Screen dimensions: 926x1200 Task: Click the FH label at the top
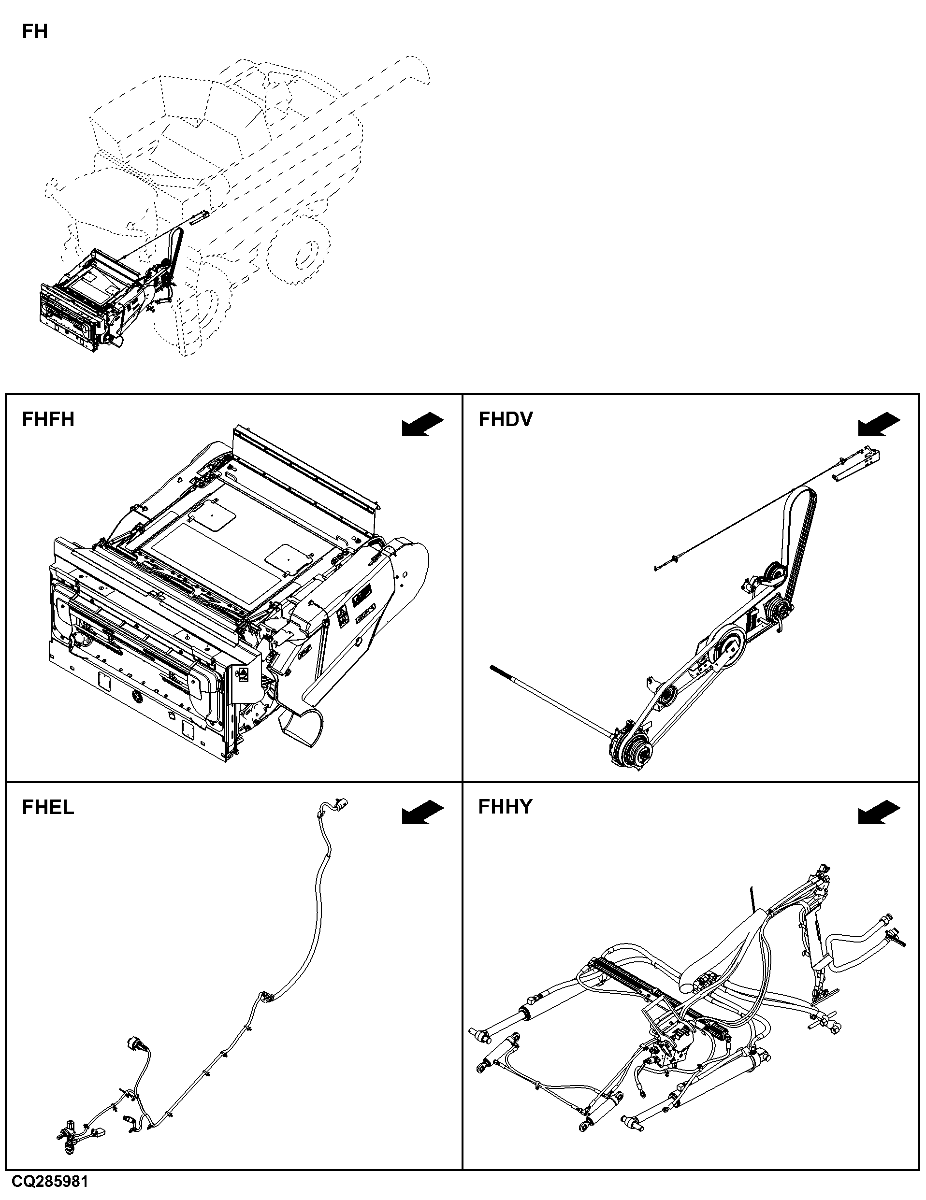(35, 31)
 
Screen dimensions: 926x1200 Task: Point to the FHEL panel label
(47, 807)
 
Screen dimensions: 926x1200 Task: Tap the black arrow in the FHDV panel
(879, 425)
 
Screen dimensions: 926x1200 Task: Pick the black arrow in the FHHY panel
(879, 813)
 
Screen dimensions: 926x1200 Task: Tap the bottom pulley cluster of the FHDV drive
(632, 747)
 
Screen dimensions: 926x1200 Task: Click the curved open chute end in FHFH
(302, 728)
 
